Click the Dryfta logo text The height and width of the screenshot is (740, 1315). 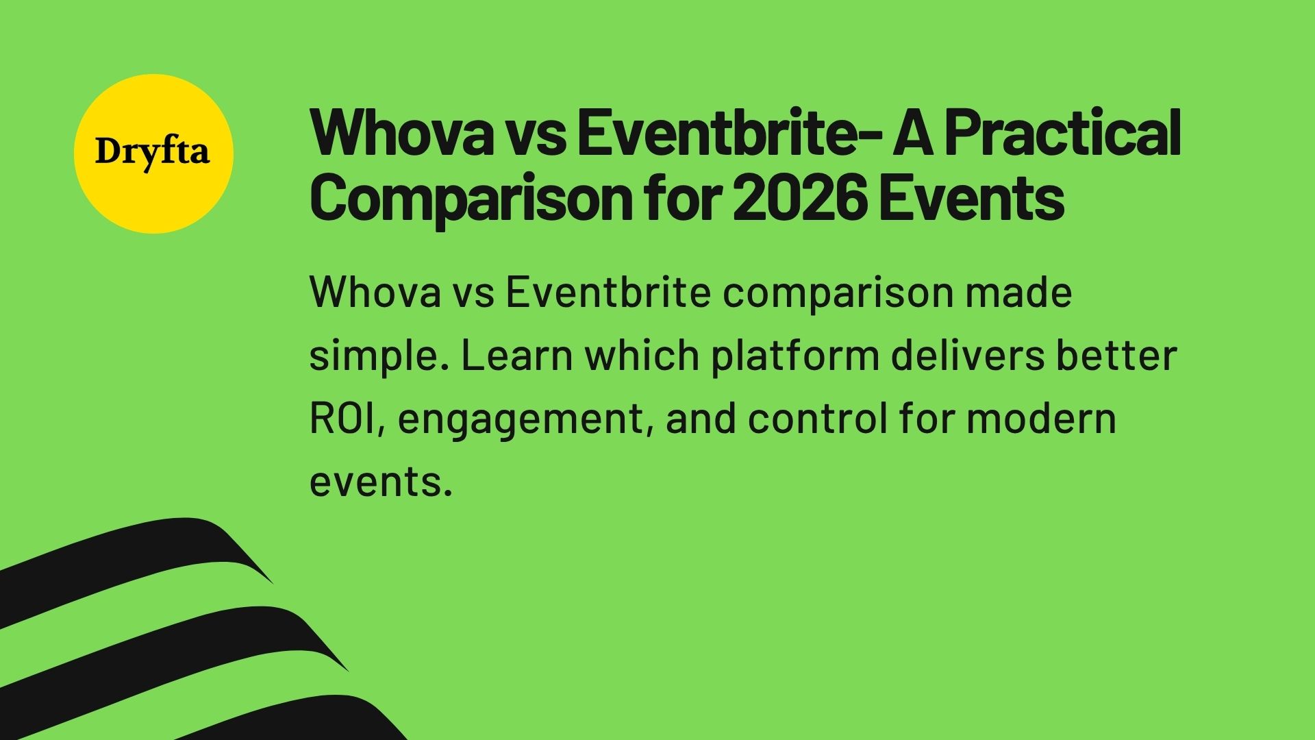[152, 152]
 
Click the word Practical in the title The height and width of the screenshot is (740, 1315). [1062, 134]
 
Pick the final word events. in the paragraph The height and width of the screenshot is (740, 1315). [381, 481]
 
